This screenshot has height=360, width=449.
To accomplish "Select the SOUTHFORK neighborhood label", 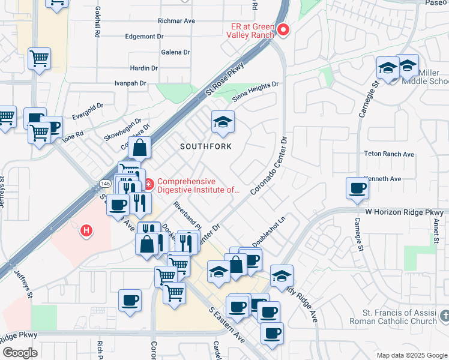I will click(x=203, y=146).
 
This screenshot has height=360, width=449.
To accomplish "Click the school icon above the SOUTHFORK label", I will click(x=223, y=123).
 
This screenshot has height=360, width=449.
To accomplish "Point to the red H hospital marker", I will click(x=87, y=230).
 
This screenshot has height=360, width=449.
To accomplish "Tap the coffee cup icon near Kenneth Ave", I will click(x=357, y=188).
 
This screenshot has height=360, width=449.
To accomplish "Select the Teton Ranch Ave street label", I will click(x=389, y=154).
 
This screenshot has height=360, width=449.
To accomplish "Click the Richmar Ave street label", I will click(x=176, y=20).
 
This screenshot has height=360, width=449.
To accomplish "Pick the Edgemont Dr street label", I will click(x=144, y=36).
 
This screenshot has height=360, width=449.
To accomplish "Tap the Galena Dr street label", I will click(x=175, y=52).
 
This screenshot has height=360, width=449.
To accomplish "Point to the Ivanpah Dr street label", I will click(x=130, y=83).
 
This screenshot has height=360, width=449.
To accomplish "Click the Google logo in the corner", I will click(x=20, y=353).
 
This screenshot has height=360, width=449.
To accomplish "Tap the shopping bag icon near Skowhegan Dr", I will click(x=139, y=148).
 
